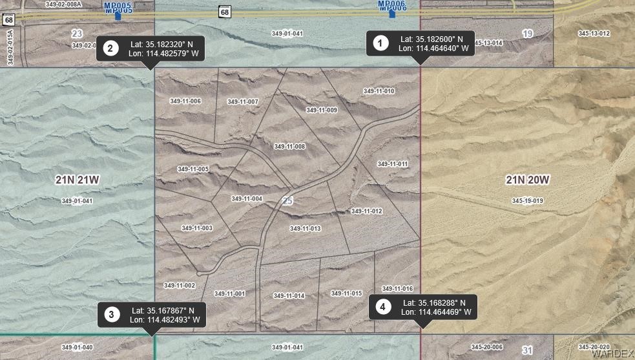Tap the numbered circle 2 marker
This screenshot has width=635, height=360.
[x=110, y=48]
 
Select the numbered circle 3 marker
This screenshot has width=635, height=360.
[x=112, y=315]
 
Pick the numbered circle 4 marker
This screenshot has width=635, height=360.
[x=383, y=307]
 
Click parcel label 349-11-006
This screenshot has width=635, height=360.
[x=185, y=101]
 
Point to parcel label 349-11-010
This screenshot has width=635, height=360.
[x=379, y=91]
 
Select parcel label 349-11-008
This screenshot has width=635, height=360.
[x=289, y=147]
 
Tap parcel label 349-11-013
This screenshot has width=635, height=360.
[x=305, y=229]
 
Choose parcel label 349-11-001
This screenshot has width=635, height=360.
[x=229, y=293]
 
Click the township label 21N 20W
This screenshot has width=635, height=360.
[x=527, y=180]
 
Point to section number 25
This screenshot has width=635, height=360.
[x=287, y=202]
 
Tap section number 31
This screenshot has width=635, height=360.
[x=527, y=350]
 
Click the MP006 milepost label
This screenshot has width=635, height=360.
[x=391, y=5]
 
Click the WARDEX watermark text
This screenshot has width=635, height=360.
[x=612, y=354]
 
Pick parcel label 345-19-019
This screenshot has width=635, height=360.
[x=527, y=201]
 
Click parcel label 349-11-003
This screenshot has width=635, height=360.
[x=197, y=228]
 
